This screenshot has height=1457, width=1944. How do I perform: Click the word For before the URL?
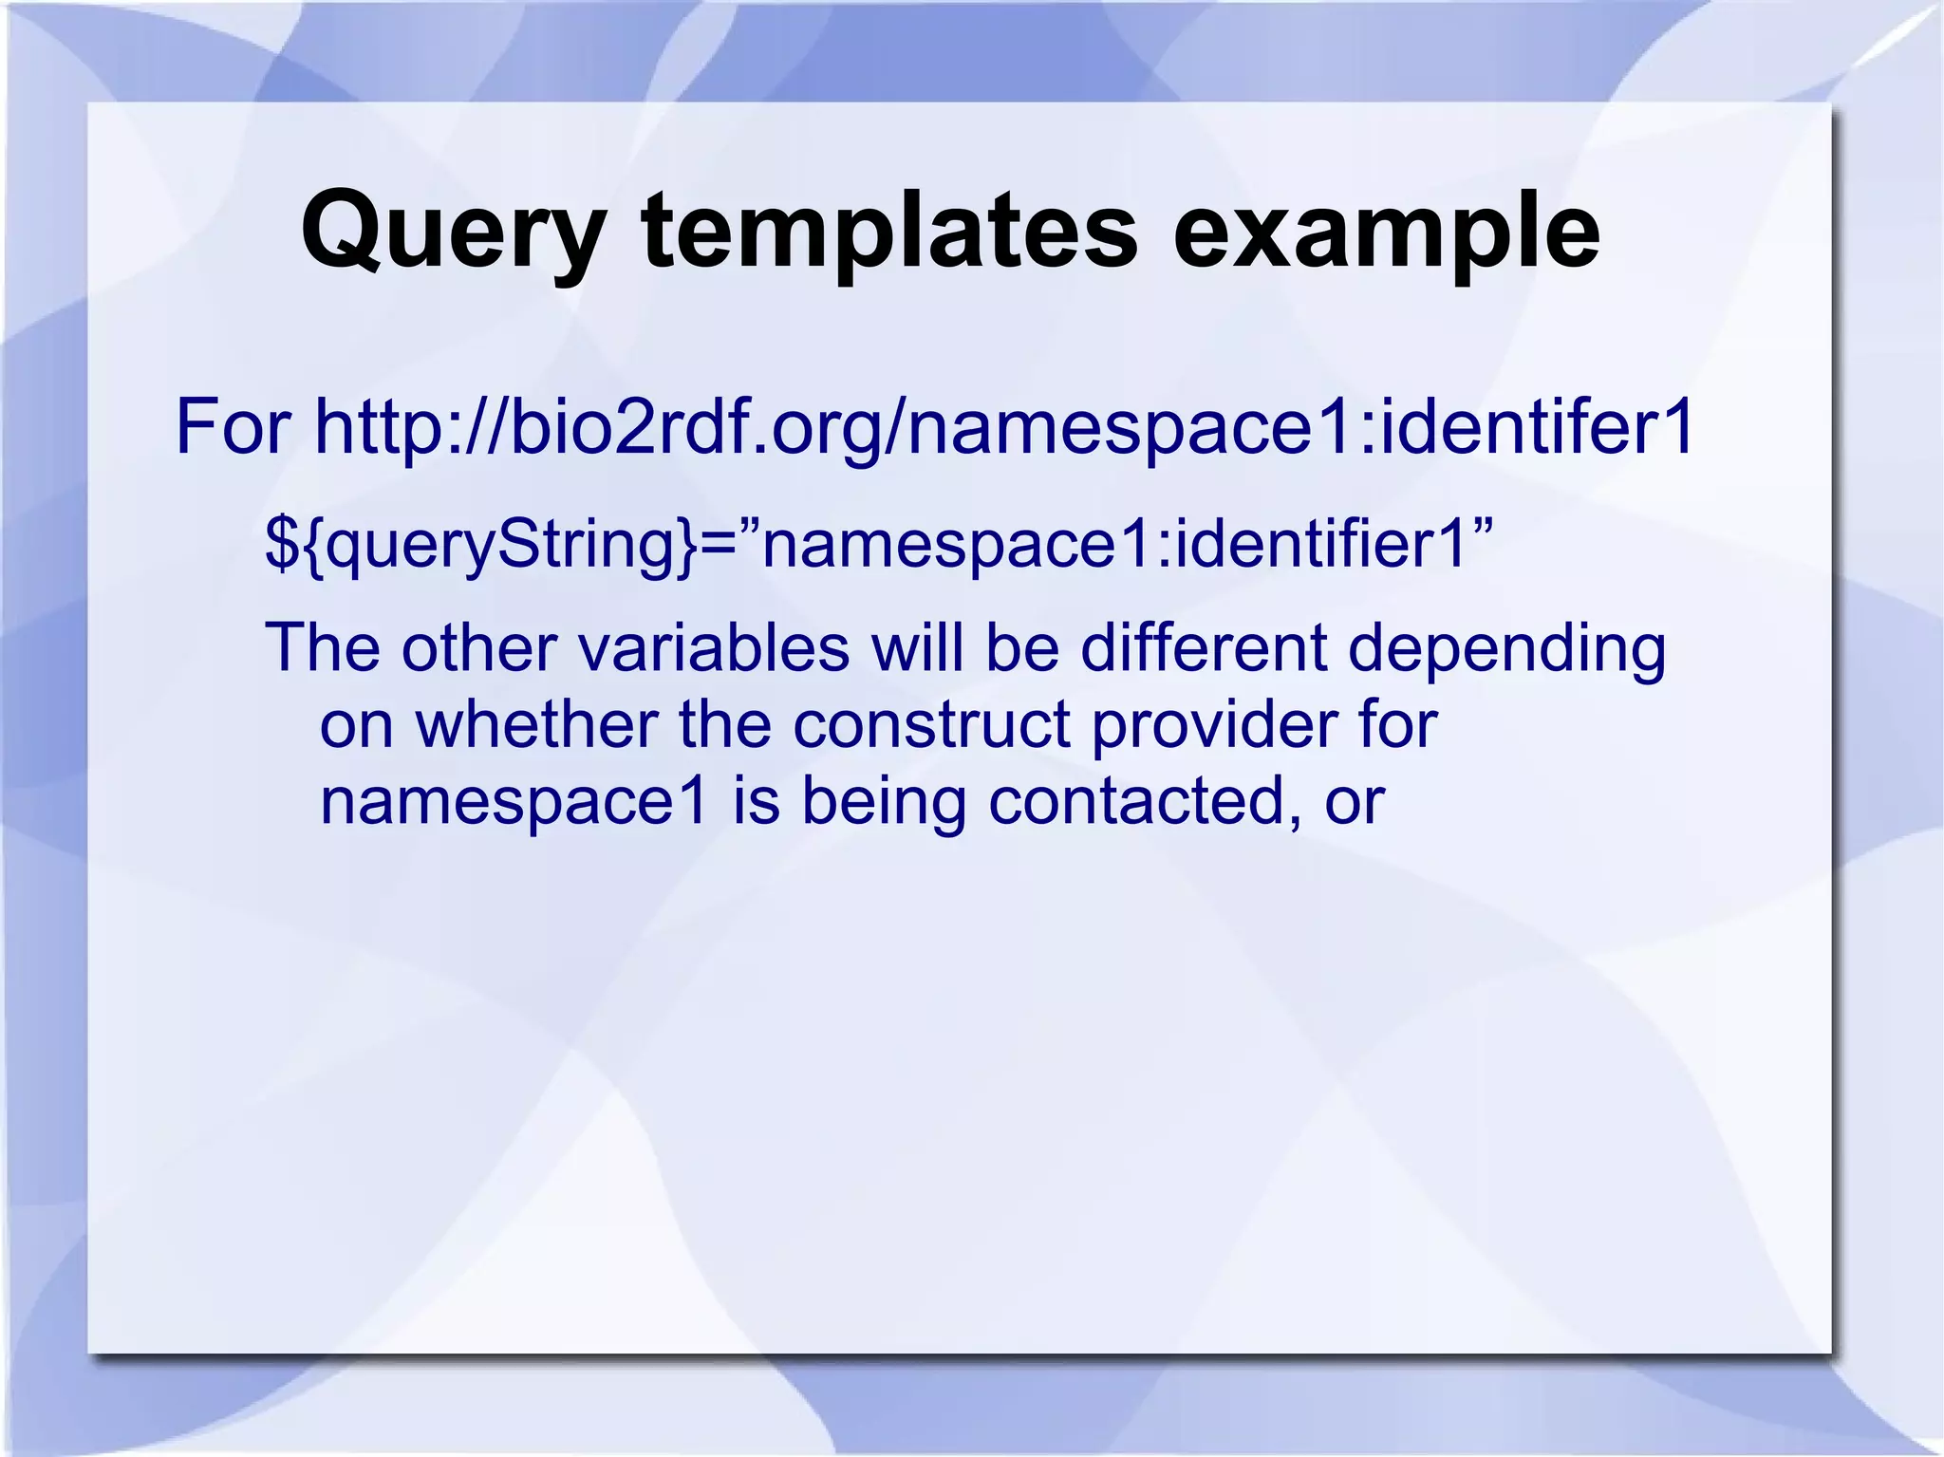(x=234, y=427)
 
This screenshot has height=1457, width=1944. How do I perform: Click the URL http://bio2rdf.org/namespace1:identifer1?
(x=1004, y=427)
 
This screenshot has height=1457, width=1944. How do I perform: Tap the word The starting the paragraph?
(x=322, y=647)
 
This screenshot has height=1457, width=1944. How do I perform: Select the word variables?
(x=713, y=647)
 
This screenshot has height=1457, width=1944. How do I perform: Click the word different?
(x=1204, y=647)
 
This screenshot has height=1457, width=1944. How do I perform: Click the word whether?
(x=537, y=724)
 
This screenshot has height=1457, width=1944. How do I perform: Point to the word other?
(x=478, y=647)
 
